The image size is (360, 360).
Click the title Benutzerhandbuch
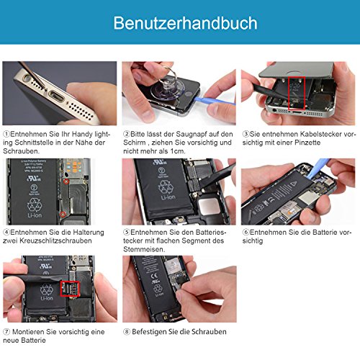point(185,23)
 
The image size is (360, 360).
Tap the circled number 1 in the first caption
point(6,134)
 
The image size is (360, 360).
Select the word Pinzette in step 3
point(307,143)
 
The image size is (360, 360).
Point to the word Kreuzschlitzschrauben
point(55,240)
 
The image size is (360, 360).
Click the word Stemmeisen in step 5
point(144,249)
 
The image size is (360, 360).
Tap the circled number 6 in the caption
point(246,232)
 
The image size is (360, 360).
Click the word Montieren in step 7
point(28,332)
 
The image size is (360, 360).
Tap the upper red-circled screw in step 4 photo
point(66,181)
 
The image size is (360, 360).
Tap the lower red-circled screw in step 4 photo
point(63,215)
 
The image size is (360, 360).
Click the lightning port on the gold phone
point(57,96)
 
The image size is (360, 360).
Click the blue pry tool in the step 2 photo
point(214,100)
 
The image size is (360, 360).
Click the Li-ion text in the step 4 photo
point(35,215)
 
